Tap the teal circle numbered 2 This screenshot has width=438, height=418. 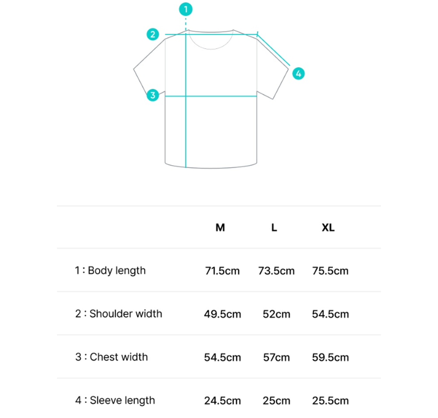pos(152,34)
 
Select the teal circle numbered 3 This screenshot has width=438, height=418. pos(152,95)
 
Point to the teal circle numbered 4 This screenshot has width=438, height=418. pos(298,73)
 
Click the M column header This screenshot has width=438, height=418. pos(220,228)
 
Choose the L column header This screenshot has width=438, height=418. pos(274,228)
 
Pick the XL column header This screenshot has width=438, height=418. pos(328,228)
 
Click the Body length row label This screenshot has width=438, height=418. pos(110,270)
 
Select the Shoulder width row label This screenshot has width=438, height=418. pos(118,314)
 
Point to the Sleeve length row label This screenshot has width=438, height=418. pos(115,400)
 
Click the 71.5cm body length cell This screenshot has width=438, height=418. pos(223,271)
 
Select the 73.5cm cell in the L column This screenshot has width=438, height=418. pos(276,271)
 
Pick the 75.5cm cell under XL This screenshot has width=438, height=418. pos(330,271)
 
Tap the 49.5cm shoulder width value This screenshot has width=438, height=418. pos(223,314)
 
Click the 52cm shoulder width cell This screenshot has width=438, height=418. pos(276,314)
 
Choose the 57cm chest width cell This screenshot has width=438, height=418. pos(276,358)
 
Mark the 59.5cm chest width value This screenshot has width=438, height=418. pos(330,358)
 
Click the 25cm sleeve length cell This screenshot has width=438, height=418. pos(276,401)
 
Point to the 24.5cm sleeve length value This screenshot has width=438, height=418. pos(223,401)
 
